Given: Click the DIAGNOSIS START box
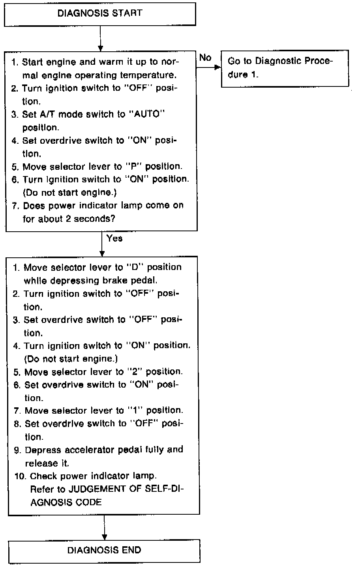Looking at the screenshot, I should click(99, 14).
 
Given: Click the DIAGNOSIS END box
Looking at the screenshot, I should click(104, 550).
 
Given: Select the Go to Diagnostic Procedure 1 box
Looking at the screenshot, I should click(285, 68).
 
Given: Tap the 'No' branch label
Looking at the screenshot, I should click(205, 58).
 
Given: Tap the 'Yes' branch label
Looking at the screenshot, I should click(114, 238).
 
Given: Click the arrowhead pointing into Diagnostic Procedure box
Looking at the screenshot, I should click(217, 67).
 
